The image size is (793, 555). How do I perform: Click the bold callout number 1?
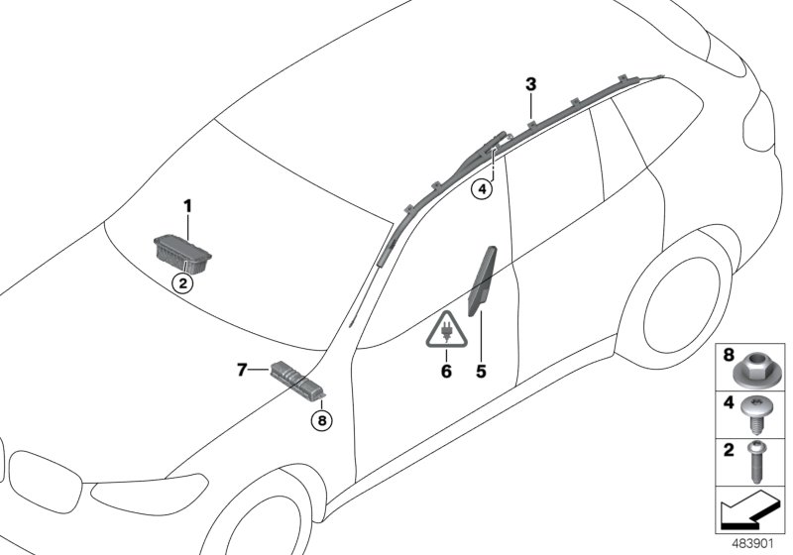click(x=186, y=206)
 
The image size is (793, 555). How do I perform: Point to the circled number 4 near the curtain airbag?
click(x=481, y=187)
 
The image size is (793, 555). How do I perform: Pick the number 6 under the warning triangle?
click(x=446, y=371)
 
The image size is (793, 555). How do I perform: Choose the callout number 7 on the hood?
click(x=242, y=370)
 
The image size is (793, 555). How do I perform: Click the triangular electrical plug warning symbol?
click(x=446, y=329)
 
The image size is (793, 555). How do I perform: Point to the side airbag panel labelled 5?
click(x=483, y=282)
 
